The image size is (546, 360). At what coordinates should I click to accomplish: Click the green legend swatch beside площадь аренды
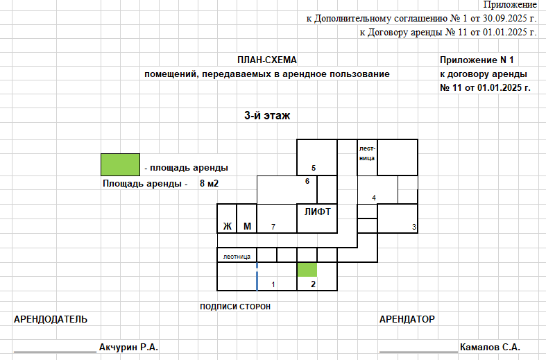coord(121,164)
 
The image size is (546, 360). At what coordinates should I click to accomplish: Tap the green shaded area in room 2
coord(307,270)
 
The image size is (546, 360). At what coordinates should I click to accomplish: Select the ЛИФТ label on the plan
coord(318,212)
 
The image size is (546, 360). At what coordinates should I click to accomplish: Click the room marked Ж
coord(227,218)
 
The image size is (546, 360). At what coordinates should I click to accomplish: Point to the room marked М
coord(247,218)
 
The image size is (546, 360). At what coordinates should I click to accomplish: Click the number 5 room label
coord(314,168)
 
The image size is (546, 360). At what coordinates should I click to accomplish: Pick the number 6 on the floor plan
coord(307,181)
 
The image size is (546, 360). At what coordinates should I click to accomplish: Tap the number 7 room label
coord(273,227)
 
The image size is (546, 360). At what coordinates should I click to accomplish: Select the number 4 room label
coord(374,198)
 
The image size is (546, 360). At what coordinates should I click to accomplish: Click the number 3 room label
coord(414,227)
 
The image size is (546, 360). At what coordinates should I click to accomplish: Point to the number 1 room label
coord(273,284)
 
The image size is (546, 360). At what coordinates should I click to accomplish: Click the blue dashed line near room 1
coord(257,277)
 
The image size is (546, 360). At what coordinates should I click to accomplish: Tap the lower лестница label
coord(237,257)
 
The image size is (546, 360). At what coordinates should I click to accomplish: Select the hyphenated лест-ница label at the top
coord(367,153)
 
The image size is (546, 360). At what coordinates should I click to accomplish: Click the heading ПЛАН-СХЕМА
coord(267,60)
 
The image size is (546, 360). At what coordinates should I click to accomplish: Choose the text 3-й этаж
coord(267,115)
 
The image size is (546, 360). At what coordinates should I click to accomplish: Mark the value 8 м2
coord(209,184)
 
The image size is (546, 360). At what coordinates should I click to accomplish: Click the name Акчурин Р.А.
coord(128,347)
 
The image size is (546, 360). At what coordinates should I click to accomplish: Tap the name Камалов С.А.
coord(490,347)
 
